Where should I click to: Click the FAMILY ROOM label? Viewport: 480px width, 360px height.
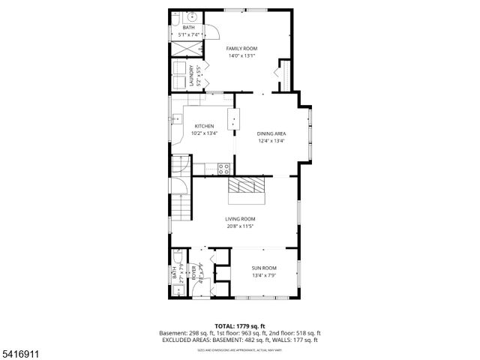point(241,48)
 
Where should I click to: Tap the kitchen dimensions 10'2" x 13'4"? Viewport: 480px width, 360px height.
point(205,133)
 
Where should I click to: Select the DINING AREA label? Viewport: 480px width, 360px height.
point(271,133)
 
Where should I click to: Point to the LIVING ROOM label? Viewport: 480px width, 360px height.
point(240,219)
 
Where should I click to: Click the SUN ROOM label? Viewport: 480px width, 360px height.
point(263,268)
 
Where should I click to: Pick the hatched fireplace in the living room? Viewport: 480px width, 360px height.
point(247,187)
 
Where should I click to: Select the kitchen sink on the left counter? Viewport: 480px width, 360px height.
point(176,118)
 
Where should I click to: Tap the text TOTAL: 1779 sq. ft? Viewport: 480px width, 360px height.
point(239,326)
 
